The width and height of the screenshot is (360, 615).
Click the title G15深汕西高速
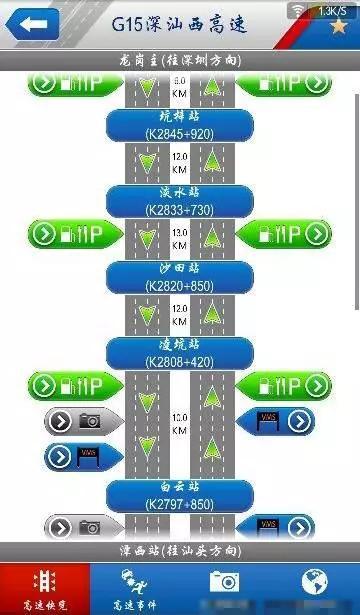[x=180, y=25]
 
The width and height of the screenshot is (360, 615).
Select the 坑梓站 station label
[x=179, y=124]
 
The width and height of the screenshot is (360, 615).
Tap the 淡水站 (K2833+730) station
[x=179, y=201]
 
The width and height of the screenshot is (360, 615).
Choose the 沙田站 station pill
[x=179, y=277]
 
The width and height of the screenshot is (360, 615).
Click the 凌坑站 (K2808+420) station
[x=179, y=352]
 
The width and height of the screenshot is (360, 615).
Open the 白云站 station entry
[x=179, y=494]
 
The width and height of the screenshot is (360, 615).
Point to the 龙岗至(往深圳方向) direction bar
[x=180, y=61]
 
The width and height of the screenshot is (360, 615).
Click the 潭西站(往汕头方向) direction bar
[x=180, y=551]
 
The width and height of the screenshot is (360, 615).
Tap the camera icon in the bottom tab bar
[x=224, y=582]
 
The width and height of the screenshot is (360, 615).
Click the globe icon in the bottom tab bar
[x=314, y=582]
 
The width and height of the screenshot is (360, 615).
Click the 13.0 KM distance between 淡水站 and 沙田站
[x=179, y=238]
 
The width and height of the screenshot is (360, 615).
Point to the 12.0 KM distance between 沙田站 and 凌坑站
[x=179, y=314]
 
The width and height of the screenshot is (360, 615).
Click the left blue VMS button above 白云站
[x=73, y=458]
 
